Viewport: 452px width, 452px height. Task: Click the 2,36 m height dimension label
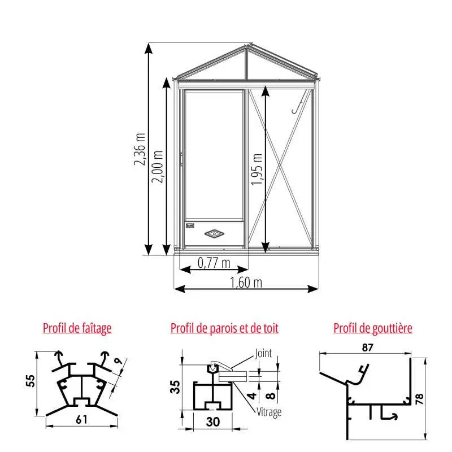140,149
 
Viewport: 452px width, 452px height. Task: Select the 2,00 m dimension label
158,167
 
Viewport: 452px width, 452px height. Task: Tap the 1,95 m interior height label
257,169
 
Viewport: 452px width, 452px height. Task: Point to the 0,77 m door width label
214,263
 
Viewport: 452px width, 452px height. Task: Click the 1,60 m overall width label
246,282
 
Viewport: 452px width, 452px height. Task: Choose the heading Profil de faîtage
77,328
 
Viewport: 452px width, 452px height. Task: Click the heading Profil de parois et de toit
224,328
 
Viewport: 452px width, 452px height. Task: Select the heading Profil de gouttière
373,328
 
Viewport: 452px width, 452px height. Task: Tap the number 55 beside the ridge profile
31,381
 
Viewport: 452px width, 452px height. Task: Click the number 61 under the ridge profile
81,420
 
